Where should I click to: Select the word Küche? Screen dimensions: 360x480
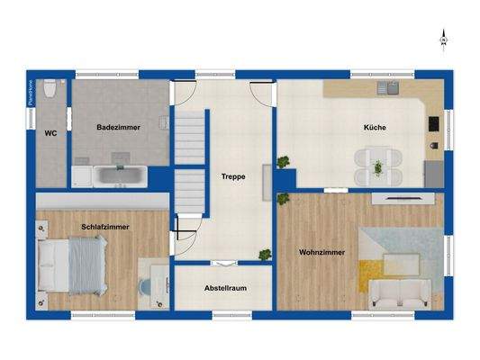click(376, 128)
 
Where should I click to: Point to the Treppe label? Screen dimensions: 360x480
click(233, 177)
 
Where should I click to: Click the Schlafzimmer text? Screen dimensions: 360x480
click(104, 227)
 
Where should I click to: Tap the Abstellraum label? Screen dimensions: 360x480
click(225, 288)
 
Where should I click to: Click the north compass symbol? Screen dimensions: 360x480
click(443, 40)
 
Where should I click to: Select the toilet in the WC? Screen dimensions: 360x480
click(53, 89)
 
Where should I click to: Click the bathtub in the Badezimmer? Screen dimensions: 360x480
click(117, 175)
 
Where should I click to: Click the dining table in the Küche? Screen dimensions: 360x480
click(378, 166)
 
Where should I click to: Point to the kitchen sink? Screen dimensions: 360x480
click(390, 89)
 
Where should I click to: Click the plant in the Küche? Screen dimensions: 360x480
click(285, 162)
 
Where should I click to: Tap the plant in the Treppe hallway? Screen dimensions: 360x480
click(264, 255)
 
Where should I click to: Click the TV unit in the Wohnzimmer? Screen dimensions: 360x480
click(398, 195)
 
